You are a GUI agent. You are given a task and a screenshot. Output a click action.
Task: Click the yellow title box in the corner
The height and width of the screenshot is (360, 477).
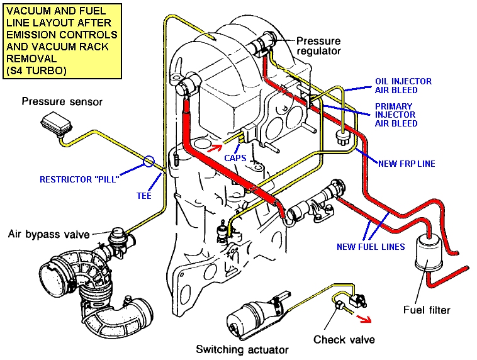(x=62, y=41)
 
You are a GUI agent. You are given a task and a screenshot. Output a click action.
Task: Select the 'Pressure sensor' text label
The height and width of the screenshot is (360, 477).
(x=62, y=101)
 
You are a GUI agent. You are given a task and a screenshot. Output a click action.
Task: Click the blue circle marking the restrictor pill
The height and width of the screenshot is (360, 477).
(x=149, y=161)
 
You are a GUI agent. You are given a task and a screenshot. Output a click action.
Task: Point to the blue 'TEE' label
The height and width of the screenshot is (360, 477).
(x=144, y=196)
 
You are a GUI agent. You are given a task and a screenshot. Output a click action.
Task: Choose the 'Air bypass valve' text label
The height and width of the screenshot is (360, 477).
(x=49, y=234)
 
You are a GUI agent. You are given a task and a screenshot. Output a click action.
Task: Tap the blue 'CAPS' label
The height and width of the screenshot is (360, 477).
(x=235, y=158)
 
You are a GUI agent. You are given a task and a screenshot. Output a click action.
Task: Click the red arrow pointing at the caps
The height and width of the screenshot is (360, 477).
(x=215, y=148)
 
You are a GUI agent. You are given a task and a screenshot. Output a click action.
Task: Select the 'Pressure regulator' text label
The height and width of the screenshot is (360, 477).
(x=318, y=46)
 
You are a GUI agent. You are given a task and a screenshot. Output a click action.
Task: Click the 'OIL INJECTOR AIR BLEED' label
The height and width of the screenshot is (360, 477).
(x=403, y=86)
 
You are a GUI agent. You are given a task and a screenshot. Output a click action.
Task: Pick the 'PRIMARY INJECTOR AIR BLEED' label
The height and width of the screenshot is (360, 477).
(x=396, y=115)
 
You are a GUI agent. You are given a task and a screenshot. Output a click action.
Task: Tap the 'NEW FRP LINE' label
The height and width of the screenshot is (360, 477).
(x=407, y=164)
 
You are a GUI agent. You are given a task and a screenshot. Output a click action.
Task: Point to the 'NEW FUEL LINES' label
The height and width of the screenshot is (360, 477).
(x=371, y=247)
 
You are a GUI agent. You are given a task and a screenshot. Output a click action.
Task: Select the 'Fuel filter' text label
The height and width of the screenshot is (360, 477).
(x=427, y=310)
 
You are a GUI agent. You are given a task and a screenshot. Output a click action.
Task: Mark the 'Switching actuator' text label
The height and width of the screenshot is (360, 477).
(x=242, y=349)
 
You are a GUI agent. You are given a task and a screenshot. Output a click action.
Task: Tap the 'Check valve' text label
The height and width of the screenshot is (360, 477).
(x=344, y=339)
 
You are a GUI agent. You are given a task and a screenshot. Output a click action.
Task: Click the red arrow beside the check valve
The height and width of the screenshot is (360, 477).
(x=364, y=318)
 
